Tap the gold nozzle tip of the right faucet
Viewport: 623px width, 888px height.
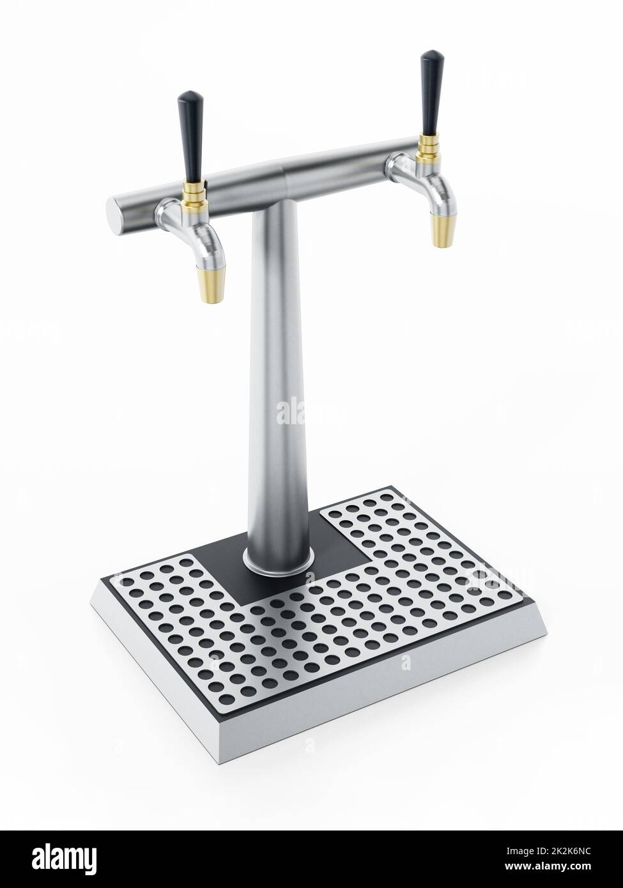tap(439, 230)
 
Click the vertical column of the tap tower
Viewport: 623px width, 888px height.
tap(280, 383)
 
